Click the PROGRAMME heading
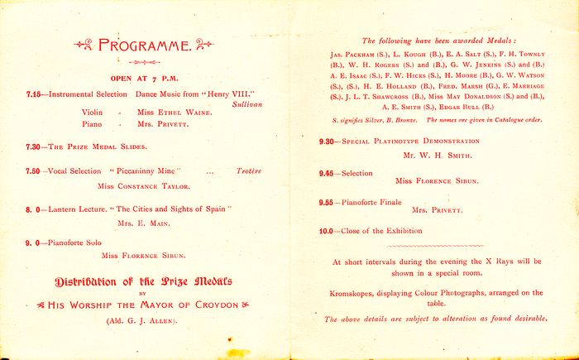144,46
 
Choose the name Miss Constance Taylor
143,186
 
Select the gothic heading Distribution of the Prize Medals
143,281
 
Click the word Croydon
215,305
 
